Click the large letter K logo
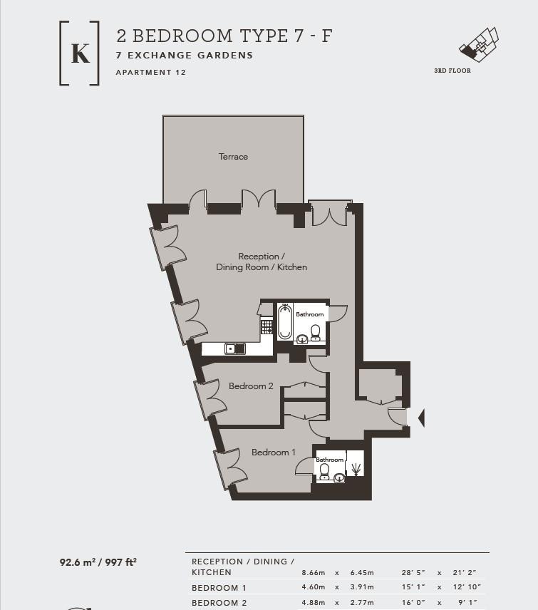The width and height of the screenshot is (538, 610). [80, 54]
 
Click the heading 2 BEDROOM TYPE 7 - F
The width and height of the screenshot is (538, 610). [224, 36]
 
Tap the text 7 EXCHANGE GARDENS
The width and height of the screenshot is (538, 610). [185, 56]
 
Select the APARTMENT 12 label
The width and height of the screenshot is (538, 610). [150, 73]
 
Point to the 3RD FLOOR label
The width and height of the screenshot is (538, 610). [452, 71]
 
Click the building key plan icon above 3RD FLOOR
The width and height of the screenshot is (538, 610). [478, 44]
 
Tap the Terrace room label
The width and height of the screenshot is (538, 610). [233, 157]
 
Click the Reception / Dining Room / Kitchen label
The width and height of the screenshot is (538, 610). [262, 262]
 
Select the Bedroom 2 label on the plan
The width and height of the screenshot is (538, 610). [251, 386]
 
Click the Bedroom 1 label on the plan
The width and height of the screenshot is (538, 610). [274, 453]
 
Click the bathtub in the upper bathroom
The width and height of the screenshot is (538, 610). [285, 321]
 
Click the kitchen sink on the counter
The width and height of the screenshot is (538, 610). [234, 348]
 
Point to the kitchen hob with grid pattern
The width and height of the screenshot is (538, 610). [267, 326]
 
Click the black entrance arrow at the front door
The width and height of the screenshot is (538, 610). [421, 418]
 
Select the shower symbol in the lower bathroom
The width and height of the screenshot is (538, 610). [355, 467]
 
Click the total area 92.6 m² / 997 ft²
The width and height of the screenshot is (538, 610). [98, 562]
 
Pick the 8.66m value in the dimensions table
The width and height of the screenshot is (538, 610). [314, 572]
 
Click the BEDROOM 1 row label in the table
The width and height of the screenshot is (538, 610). [219, 588]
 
